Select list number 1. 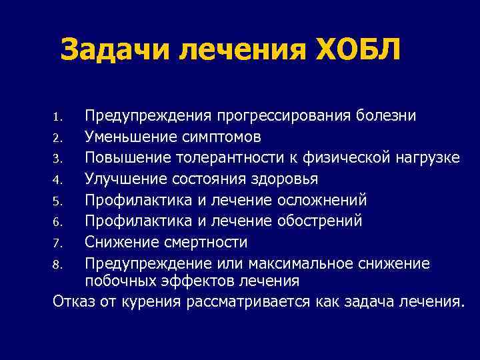point(57,118)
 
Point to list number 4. point(57,180)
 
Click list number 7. point(57,243)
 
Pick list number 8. point(57,264)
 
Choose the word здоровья point(282,179)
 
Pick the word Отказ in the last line point(74,301)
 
